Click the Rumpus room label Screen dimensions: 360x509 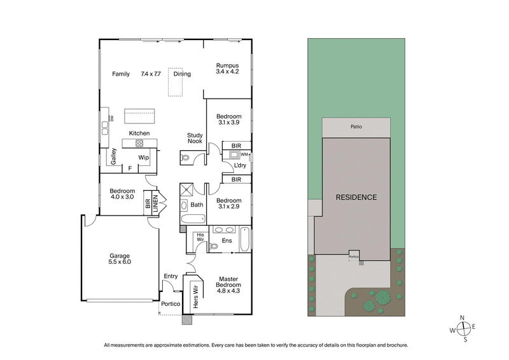point(227,66)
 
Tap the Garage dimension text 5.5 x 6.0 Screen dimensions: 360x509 point(120,262)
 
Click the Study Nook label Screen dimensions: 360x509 point(195,138)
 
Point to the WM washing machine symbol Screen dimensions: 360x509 point(244,154)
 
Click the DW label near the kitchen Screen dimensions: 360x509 point(111,119)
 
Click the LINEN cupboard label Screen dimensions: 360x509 point(155,202)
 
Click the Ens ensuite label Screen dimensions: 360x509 point(226,240)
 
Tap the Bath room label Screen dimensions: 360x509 point(197,205)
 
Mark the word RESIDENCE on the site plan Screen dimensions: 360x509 point(356,197)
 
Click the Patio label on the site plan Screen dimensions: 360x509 point(356,127)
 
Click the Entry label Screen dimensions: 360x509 point(171,276)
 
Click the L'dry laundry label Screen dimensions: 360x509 point(240,166)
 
